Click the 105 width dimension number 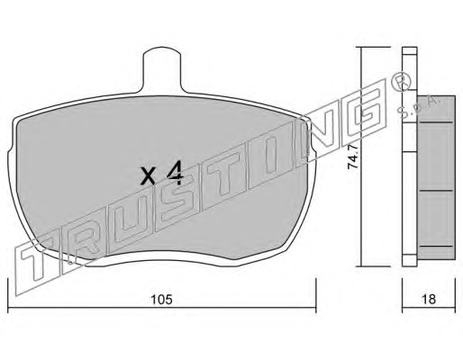point(161,299)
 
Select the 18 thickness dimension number point(429,299)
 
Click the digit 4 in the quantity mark point(175,173)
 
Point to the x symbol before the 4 point(149,176)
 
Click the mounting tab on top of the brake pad point(162,70)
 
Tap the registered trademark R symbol point(403,83)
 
